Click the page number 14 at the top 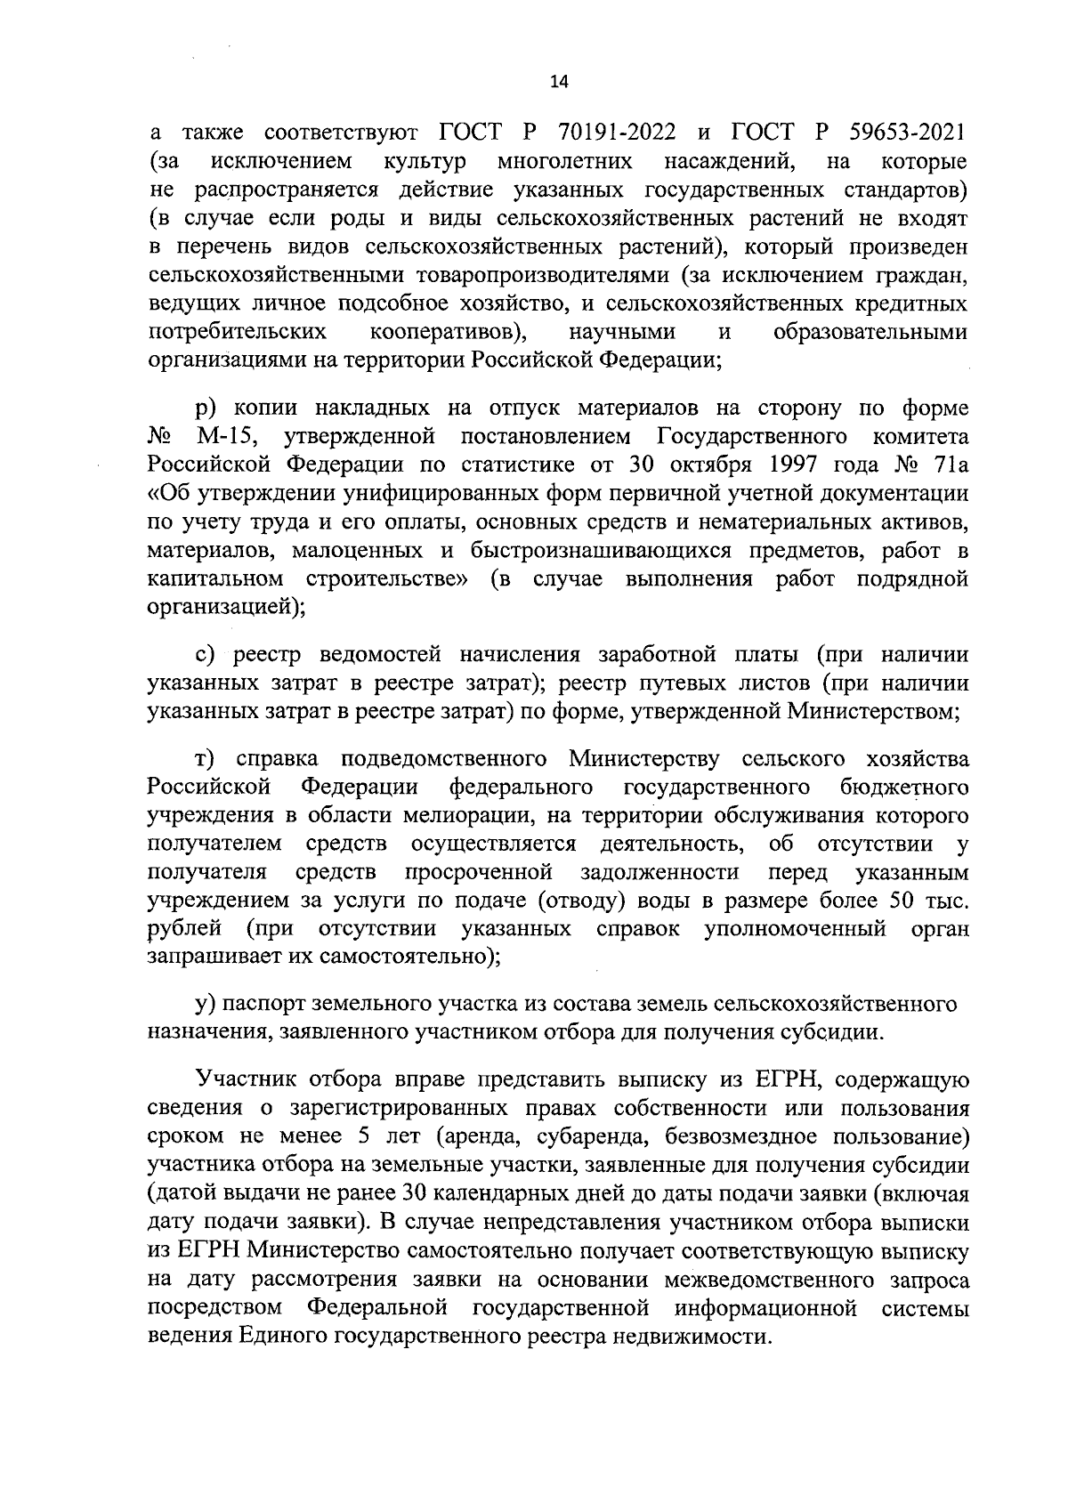(559, 82)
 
